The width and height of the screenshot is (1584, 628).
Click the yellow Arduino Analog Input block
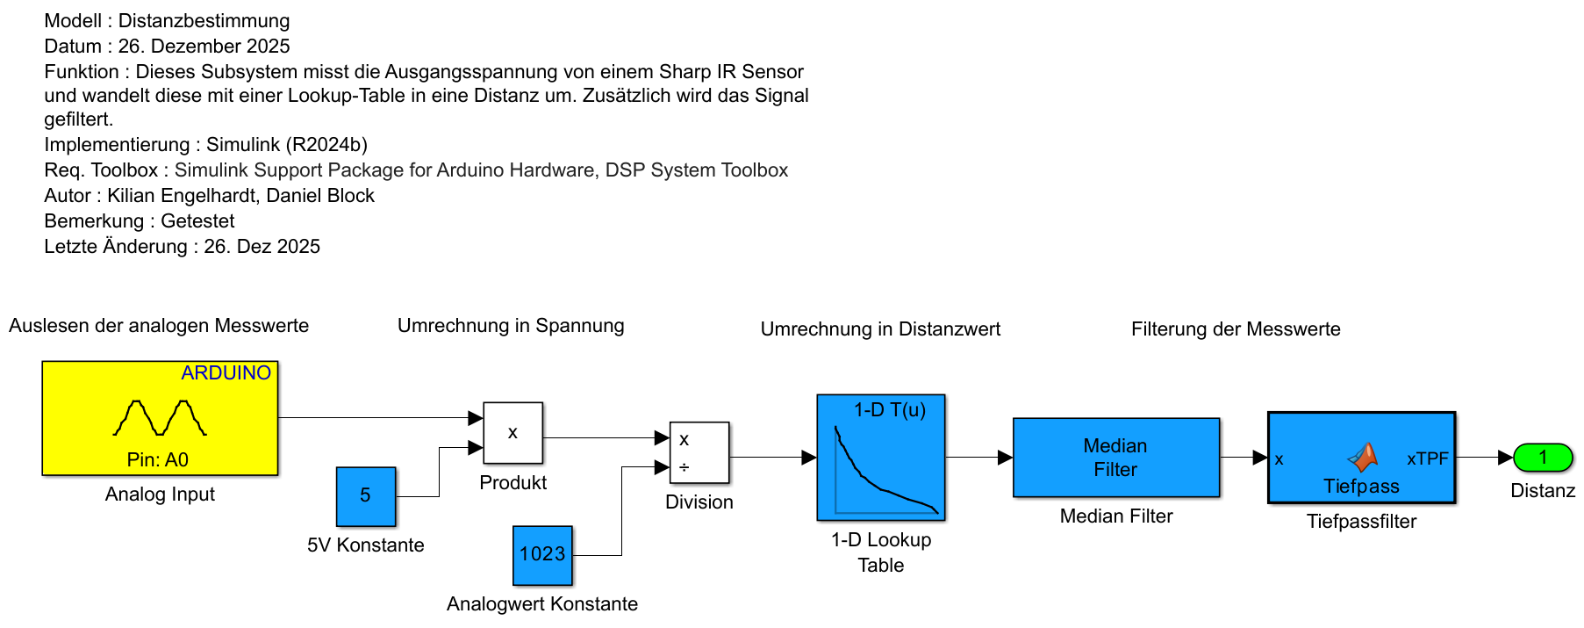pos(160,418)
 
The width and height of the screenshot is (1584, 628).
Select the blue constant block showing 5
pos(366,496)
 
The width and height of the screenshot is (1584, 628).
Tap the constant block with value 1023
pos(542,555)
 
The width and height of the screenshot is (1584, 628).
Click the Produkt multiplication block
pos(513,433)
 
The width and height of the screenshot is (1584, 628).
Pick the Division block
pos(699,453)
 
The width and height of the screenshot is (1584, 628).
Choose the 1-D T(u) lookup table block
pos(881,458)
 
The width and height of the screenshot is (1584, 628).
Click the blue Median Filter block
pos(1116,458)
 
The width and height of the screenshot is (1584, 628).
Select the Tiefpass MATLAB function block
pos(1361,458)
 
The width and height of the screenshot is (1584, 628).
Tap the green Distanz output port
pos(1543,458)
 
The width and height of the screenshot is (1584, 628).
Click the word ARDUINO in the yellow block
pos(226,373)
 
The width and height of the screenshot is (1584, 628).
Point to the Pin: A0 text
pos(158,460)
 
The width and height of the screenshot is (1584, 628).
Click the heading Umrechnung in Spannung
pos(511,326)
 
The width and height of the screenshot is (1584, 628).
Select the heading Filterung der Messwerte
pos(1236,329)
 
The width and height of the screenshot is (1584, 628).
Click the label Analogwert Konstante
pos(541,604)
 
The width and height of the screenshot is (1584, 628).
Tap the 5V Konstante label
pos(365,545)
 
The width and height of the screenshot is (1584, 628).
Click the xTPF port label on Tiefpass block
pos(1427,459)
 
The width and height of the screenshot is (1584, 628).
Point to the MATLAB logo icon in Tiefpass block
pos(1363,458)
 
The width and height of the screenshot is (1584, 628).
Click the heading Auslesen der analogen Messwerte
pos(159,326)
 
